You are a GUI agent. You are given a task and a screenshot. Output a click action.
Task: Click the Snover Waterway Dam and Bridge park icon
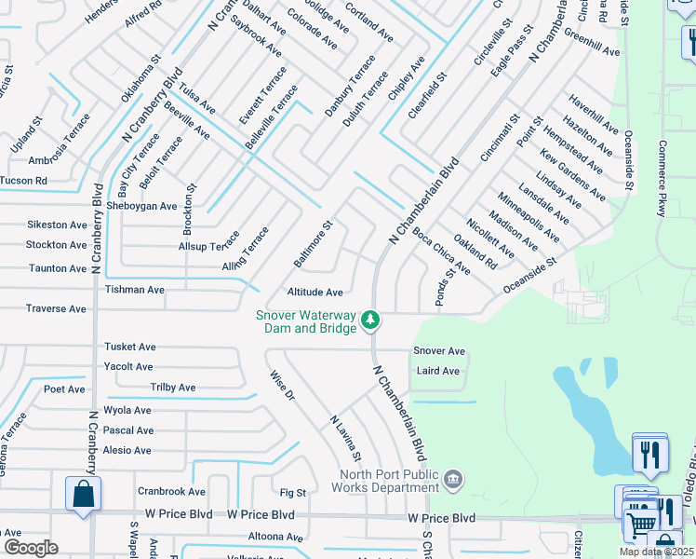(370, 320)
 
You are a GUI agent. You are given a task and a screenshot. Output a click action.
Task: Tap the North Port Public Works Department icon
(452, 479)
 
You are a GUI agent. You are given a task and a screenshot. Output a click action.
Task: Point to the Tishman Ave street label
(135, 290)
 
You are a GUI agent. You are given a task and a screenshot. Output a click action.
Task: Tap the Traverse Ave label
(56, 308)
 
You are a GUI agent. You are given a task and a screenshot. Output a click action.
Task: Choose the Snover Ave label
(439, 351)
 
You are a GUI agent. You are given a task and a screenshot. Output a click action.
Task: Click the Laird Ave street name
(438, 371)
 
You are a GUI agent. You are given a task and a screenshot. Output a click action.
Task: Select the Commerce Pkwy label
(663, 180)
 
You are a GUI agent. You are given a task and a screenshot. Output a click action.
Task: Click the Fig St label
(293, 492)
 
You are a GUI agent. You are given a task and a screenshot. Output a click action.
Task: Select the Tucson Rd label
(23, 180)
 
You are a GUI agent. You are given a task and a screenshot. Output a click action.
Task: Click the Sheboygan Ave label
(141, 206)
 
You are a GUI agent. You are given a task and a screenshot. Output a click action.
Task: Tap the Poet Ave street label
(63, 389)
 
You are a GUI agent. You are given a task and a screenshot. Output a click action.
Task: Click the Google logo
(31, 548)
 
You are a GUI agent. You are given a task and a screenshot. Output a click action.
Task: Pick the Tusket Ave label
(130, 347)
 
